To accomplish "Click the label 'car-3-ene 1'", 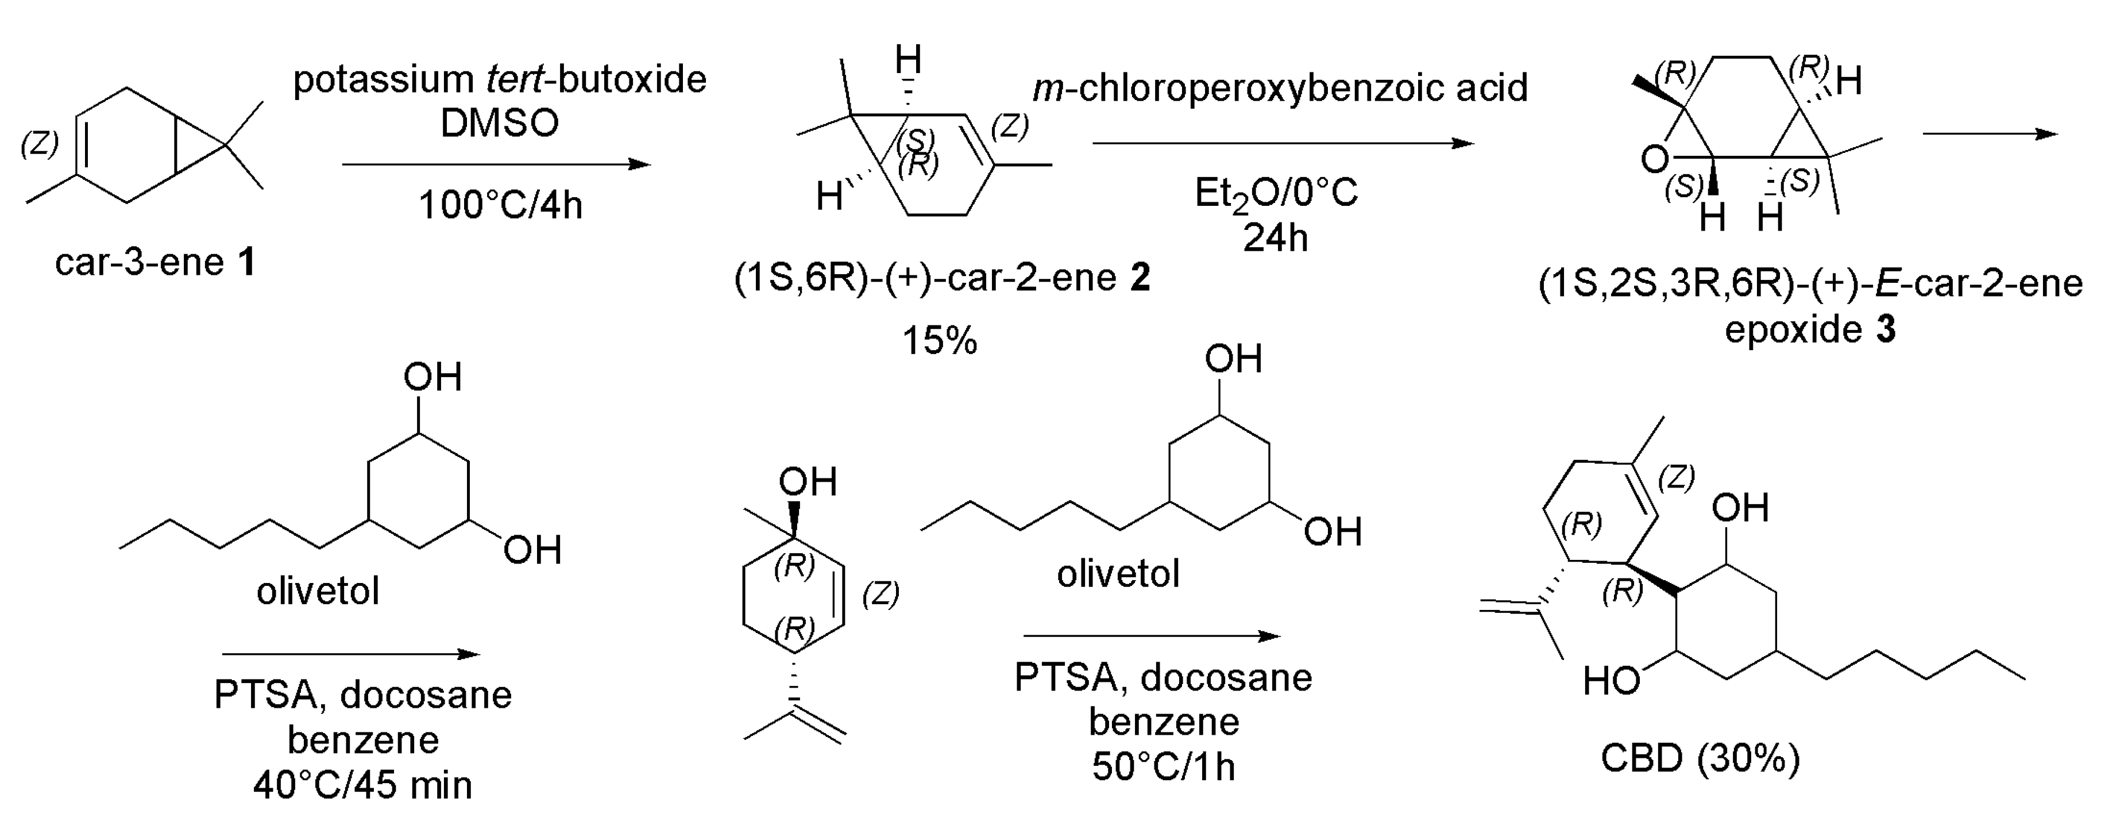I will click(x=155, y=263).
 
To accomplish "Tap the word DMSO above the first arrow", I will click(x=499, y=123).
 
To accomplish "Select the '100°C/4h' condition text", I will click(x=500, y=205).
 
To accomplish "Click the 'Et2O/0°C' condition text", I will click(x=1276, y=193).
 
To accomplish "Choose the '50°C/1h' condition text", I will click(x=1163, y=766).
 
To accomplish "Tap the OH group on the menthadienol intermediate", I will click(x=808, y=482).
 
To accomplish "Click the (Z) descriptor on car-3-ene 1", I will click(x=39, y=144).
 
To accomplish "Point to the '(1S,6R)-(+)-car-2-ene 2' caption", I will click(x=941, y=278).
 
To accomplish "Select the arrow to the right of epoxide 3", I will click(x=1990, y=133).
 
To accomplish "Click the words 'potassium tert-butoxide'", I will click(x=499, y=80).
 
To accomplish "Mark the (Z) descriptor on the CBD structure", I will click(x=1676, y=477).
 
